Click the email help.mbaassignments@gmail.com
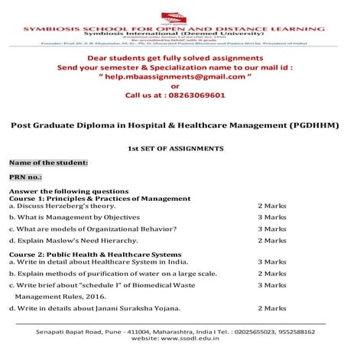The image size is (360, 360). pyautogui.click(x=180, y=76)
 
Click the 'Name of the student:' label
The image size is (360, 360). pyautogui.click(x=48, y=162)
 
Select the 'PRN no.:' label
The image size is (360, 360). pyautogui.click(x=28, y=177)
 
